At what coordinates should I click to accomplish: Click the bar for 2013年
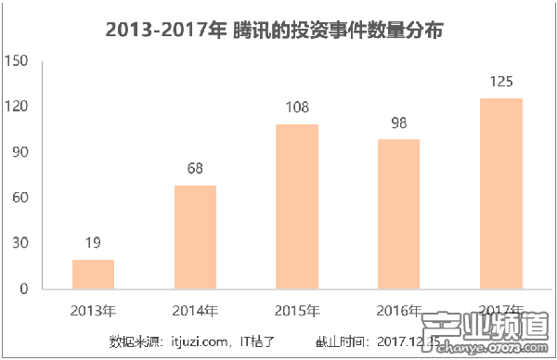(x=93, y=274)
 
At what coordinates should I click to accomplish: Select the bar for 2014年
(x=195, y=237)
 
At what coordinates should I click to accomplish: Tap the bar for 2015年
(x=297, y=206)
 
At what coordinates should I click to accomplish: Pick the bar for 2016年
(x=399, y=213)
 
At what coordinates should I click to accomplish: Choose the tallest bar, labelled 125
(x=501, y=193)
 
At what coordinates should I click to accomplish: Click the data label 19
(x=93, y=243)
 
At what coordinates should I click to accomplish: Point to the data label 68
(x=195, y=169)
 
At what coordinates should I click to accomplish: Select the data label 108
(x=297, y=108)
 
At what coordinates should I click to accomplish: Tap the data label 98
(x=399, y=122)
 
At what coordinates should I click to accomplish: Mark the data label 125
(x=501, y=82)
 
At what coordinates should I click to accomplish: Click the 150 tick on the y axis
(x=18, y=61)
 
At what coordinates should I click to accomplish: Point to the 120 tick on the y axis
(x=18, y=107)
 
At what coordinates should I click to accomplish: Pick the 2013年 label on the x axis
(x=93, y=309)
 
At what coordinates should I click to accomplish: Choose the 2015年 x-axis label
(x=297, y=309)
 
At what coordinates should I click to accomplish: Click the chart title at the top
(x=275, y=31)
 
